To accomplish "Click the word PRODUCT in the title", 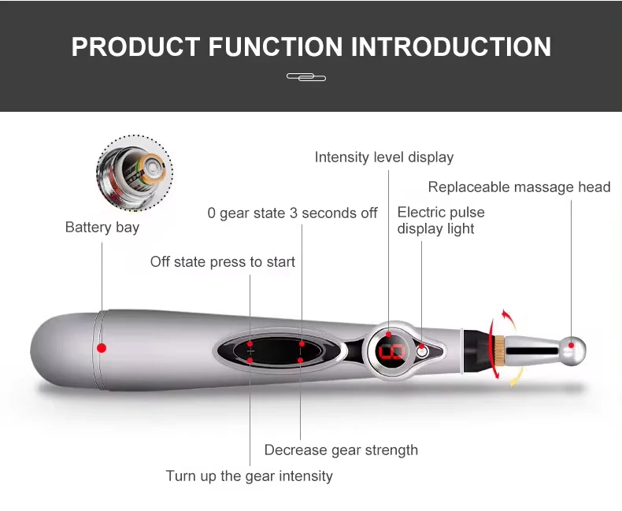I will click(x=135, y=46).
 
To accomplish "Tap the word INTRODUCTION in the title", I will click(x=450, y=46).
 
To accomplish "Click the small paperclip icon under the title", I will click(x=306, y=77).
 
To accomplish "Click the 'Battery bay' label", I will click(x=102, y=228).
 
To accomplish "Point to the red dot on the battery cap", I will click(x=102, y=347).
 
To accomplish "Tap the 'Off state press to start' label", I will click(x=223, y=261).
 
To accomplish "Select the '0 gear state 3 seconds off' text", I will click(x=292, y=213).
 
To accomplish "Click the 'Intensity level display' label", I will click(x=384, y=157).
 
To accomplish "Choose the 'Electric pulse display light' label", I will click(x=441, y=220).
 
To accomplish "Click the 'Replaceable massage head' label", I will click(x=519, y=187).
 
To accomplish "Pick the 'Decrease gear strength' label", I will click(x=341, y=450).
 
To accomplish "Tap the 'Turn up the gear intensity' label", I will click(x=249, y=476).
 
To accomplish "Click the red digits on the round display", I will click(x=391, y=351).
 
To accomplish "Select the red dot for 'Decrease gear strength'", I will click(x=301, y=361).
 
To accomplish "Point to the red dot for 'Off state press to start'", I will click(x=250, y=344).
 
